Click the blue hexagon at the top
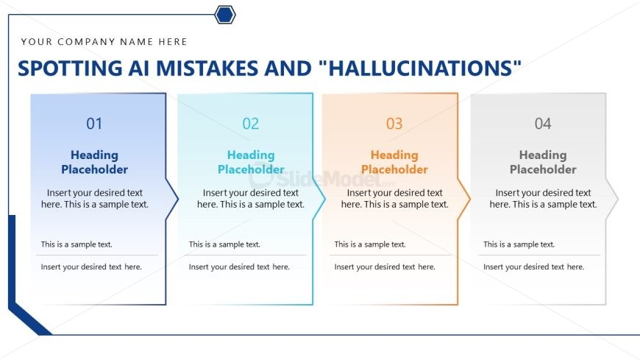tap(225, 15)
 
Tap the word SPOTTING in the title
tap(70, 68)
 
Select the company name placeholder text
tap(104, 42)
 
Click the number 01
tap(94, 124)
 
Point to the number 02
tap(251, 124)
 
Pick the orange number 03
tap(394, 124)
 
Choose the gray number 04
tap(543, 124)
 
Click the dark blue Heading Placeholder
tap(94, 162)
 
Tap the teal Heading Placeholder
tap(251, 162)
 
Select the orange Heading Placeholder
tap(394, 162)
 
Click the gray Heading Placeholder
tap(543, 162)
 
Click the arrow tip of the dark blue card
tap(178, 199)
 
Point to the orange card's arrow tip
tap(470, 199)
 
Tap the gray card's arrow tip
tap(619, 199)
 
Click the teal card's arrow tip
tap(325, 199)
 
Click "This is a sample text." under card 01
tap(77, 244)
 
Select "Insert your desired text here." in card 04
tap(533, 267)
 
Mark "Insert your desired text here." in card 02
tap(239, 267)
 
